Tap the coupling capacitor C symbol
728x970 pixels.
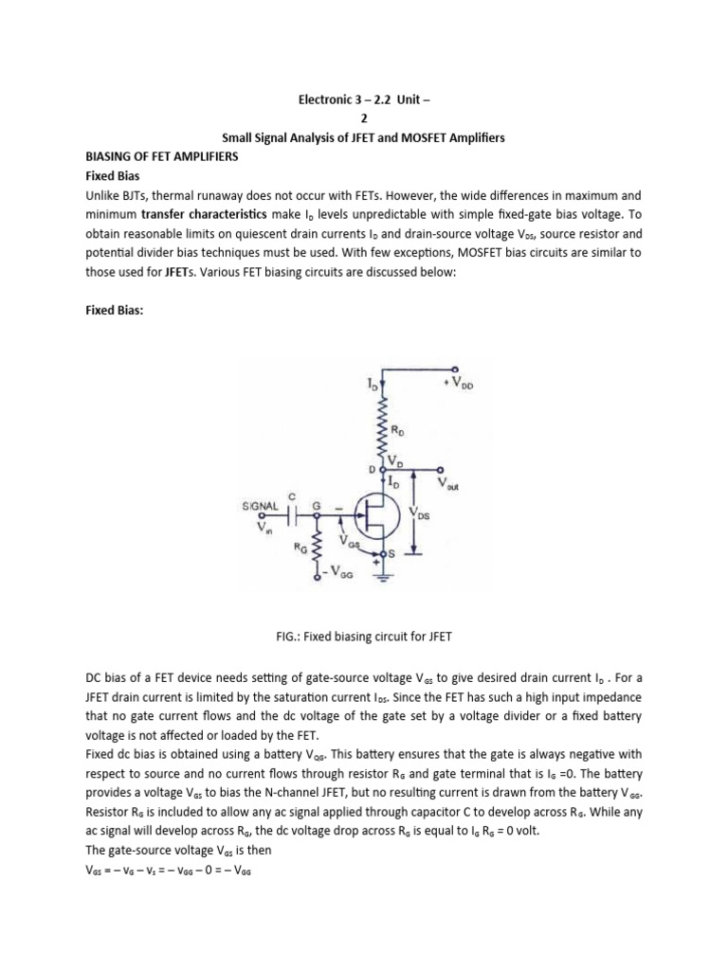click(295, 515)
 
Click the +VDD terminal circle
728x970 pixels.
click(455, 369)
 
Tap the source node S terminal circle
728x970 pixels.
click(383, 553)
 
